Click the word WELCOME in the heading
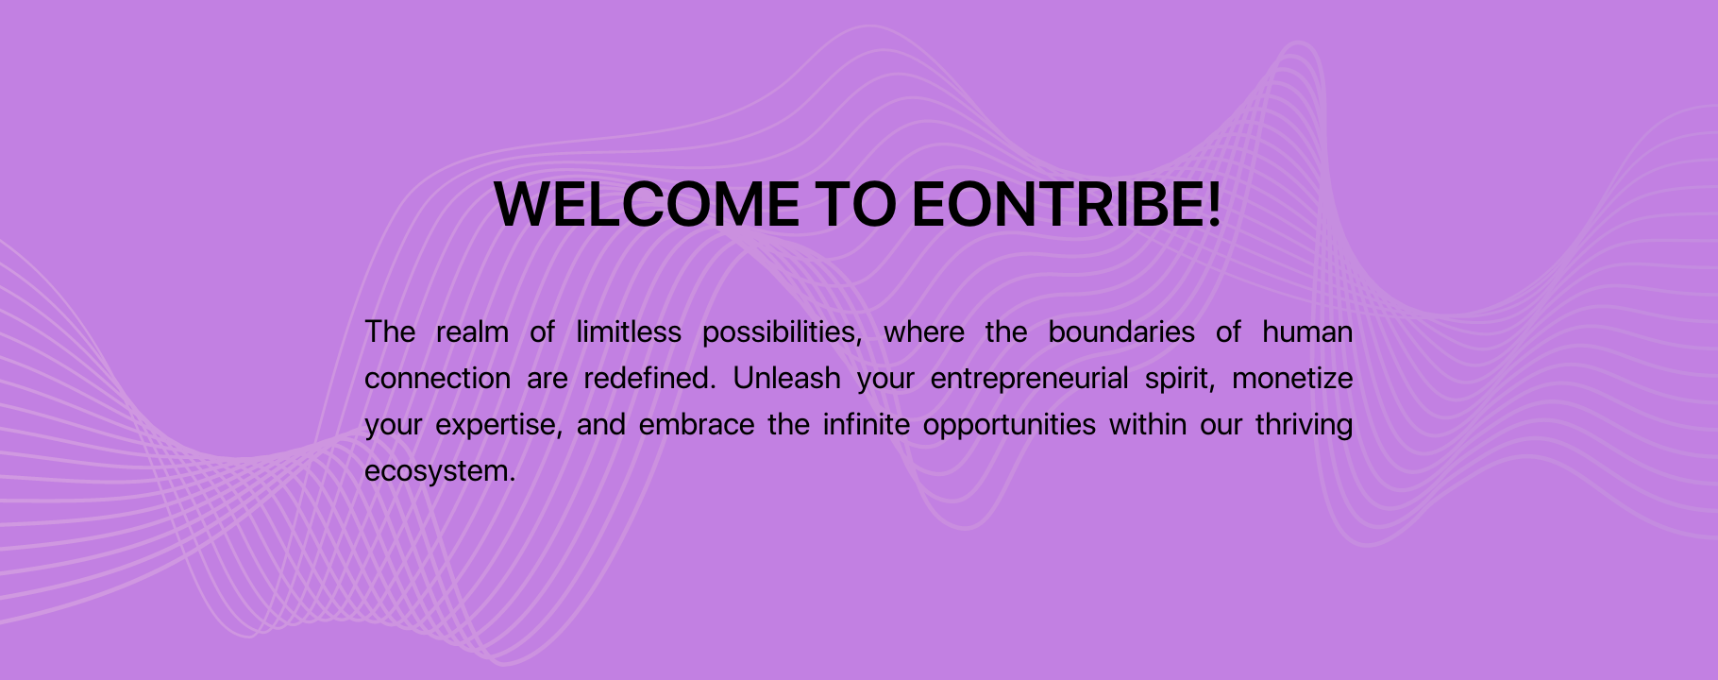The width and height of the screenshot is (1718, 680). click(x=647, y=204)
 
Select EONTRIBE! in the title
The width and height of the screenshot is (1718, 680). click(x=1067, y=204)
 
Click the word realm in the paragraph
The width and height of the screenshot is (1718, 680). click(x=472, y=331)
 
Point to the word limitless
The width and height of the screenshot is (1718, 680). click(x=629, y=331)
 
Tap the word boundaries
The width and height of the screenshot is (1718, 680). click(x=1121, y=331)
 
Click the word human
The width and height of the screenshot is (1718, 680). click(x=1307, y=331)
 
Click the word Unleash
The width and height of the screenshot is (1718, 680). click(x=786, y=378)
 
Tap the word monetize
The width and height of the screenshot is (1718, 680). click(x=1292, y=378)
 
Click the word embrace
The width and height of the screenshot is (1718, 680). click(x=697, y=424)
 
